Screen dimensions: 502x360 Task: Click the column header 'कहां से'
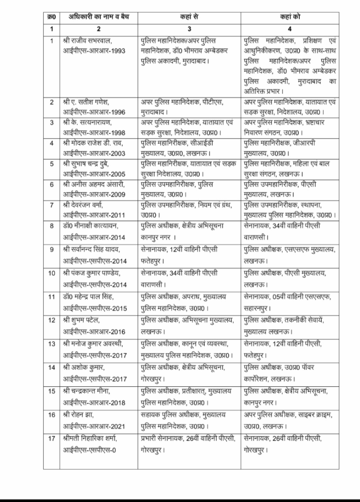[x=188, y=17]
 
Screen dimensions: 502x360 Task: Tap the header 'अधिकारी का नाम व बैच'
[x=96, y=17]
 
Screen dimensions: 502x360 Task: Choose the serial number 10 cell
[x=51, y=273]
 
